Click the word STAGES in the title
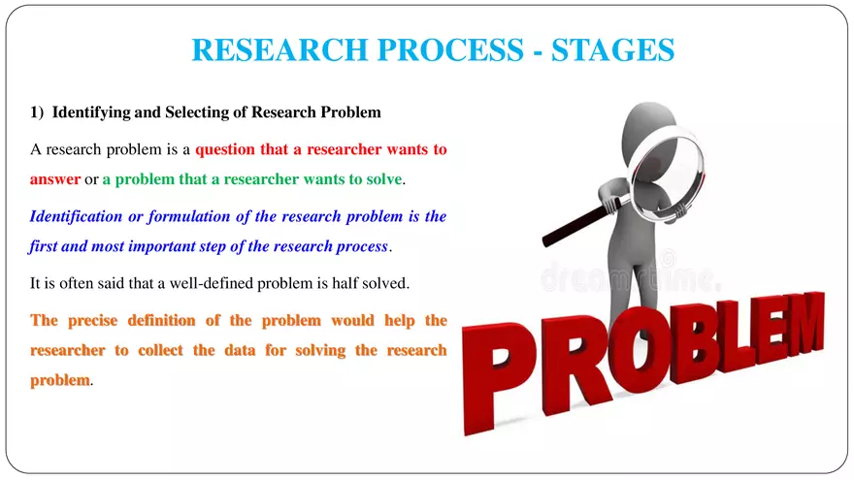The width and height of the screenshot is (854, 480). click(612, 49)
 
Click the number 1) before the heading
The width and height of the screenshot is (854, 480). click(38, 112)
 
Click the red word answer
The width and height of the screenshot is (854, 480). click(55, 180)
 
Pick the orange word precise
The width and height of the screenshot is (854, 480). click(98, 320)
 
